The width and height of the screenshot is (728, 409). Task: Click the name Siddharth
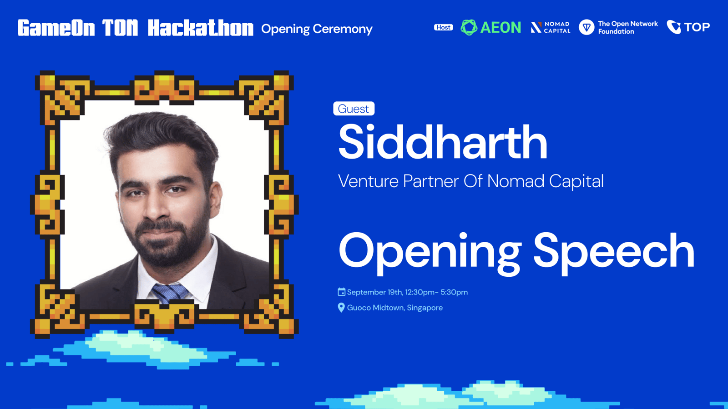point(443,142)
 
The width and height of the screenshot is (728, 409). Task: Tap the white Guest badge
point(354,109)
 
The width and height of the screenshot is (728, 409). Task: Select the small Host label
point(443,27)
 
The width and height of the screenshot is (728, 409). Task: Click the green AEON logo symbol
point(469,27)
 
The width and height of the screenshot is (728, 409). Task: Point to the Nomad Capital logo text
point(557,28)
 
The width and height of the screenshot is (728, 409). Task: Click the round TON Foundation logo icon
point(586,27)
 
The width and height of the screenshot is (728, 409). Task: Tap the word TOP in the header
point(697,27)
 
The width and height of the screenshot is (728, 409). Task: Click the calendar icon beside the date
point(341,292)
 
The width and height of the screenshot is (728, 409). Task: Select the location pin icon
point(341,307)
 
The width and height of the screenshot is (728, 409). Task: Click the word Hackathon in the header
point(201,28)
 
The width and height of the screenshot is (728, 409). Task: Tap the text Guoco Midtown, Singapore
point(395,308)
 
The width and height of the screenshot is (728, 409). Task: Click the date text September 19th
point(374,292)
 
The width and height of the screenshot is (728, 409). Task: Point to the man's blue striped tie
point(170,293)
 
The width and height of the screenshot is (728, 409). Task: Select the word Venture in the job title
point(368,181)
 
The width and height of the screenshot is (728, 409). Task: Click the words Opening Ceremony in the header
point(317,29)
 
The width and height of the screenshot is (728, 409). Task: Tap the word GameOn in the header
point(56,28)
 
